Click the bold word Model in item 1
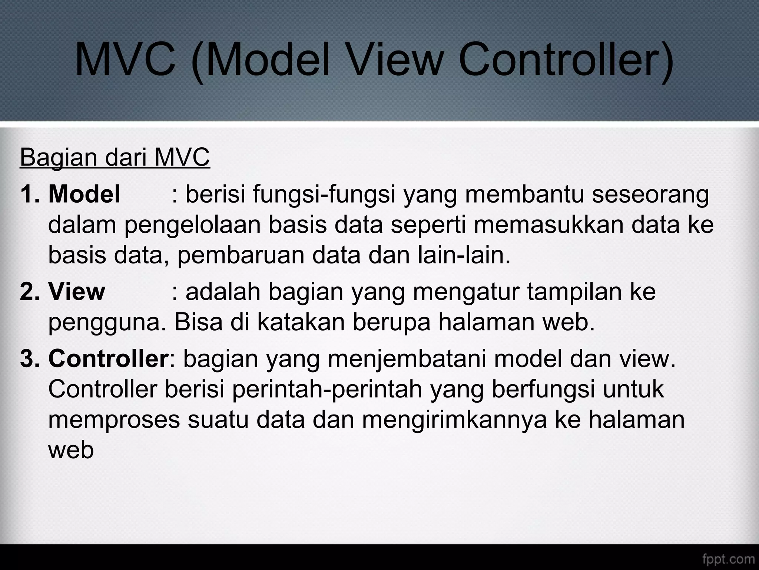pos(84,194)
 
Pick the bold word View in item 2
pos(77,292)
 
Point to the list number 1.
pos(29,194)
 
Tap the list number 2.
pos(29,292)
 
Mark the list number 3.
pos(29,359)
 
